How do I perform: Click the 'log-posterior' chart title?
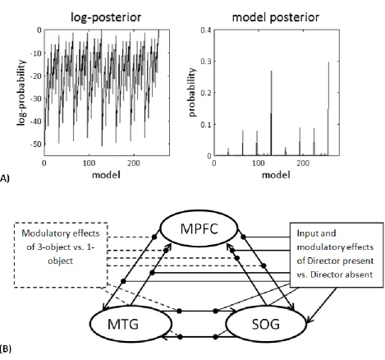[106, 17]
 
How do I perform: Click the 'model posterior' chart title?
[276, 17]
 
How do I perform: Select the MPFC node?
[199, 229]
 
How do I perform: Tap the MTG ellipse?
[131, 324]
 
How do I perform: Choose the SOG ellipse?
[266, 324]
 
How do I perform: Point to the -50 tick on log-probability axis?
[37, 144]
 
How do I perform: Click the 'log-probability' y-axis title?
[21, 93]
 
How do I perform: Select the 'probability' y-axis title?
[192, 93]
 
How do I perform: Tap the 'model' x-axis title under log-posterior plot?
[106, 175]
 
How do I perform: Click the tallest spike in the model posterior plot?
[328, 108]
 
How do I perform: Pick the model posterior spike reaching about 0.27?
[271, 113]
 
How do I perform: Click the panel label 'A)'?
[5, 179]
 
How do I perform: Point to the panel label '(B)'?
[6, 349]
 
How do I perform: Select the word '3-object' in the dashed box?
[51, 247]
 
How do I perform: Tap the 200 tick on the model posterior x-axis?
[303, 164]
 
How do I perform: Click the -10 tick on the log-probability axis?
[37, 53]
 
